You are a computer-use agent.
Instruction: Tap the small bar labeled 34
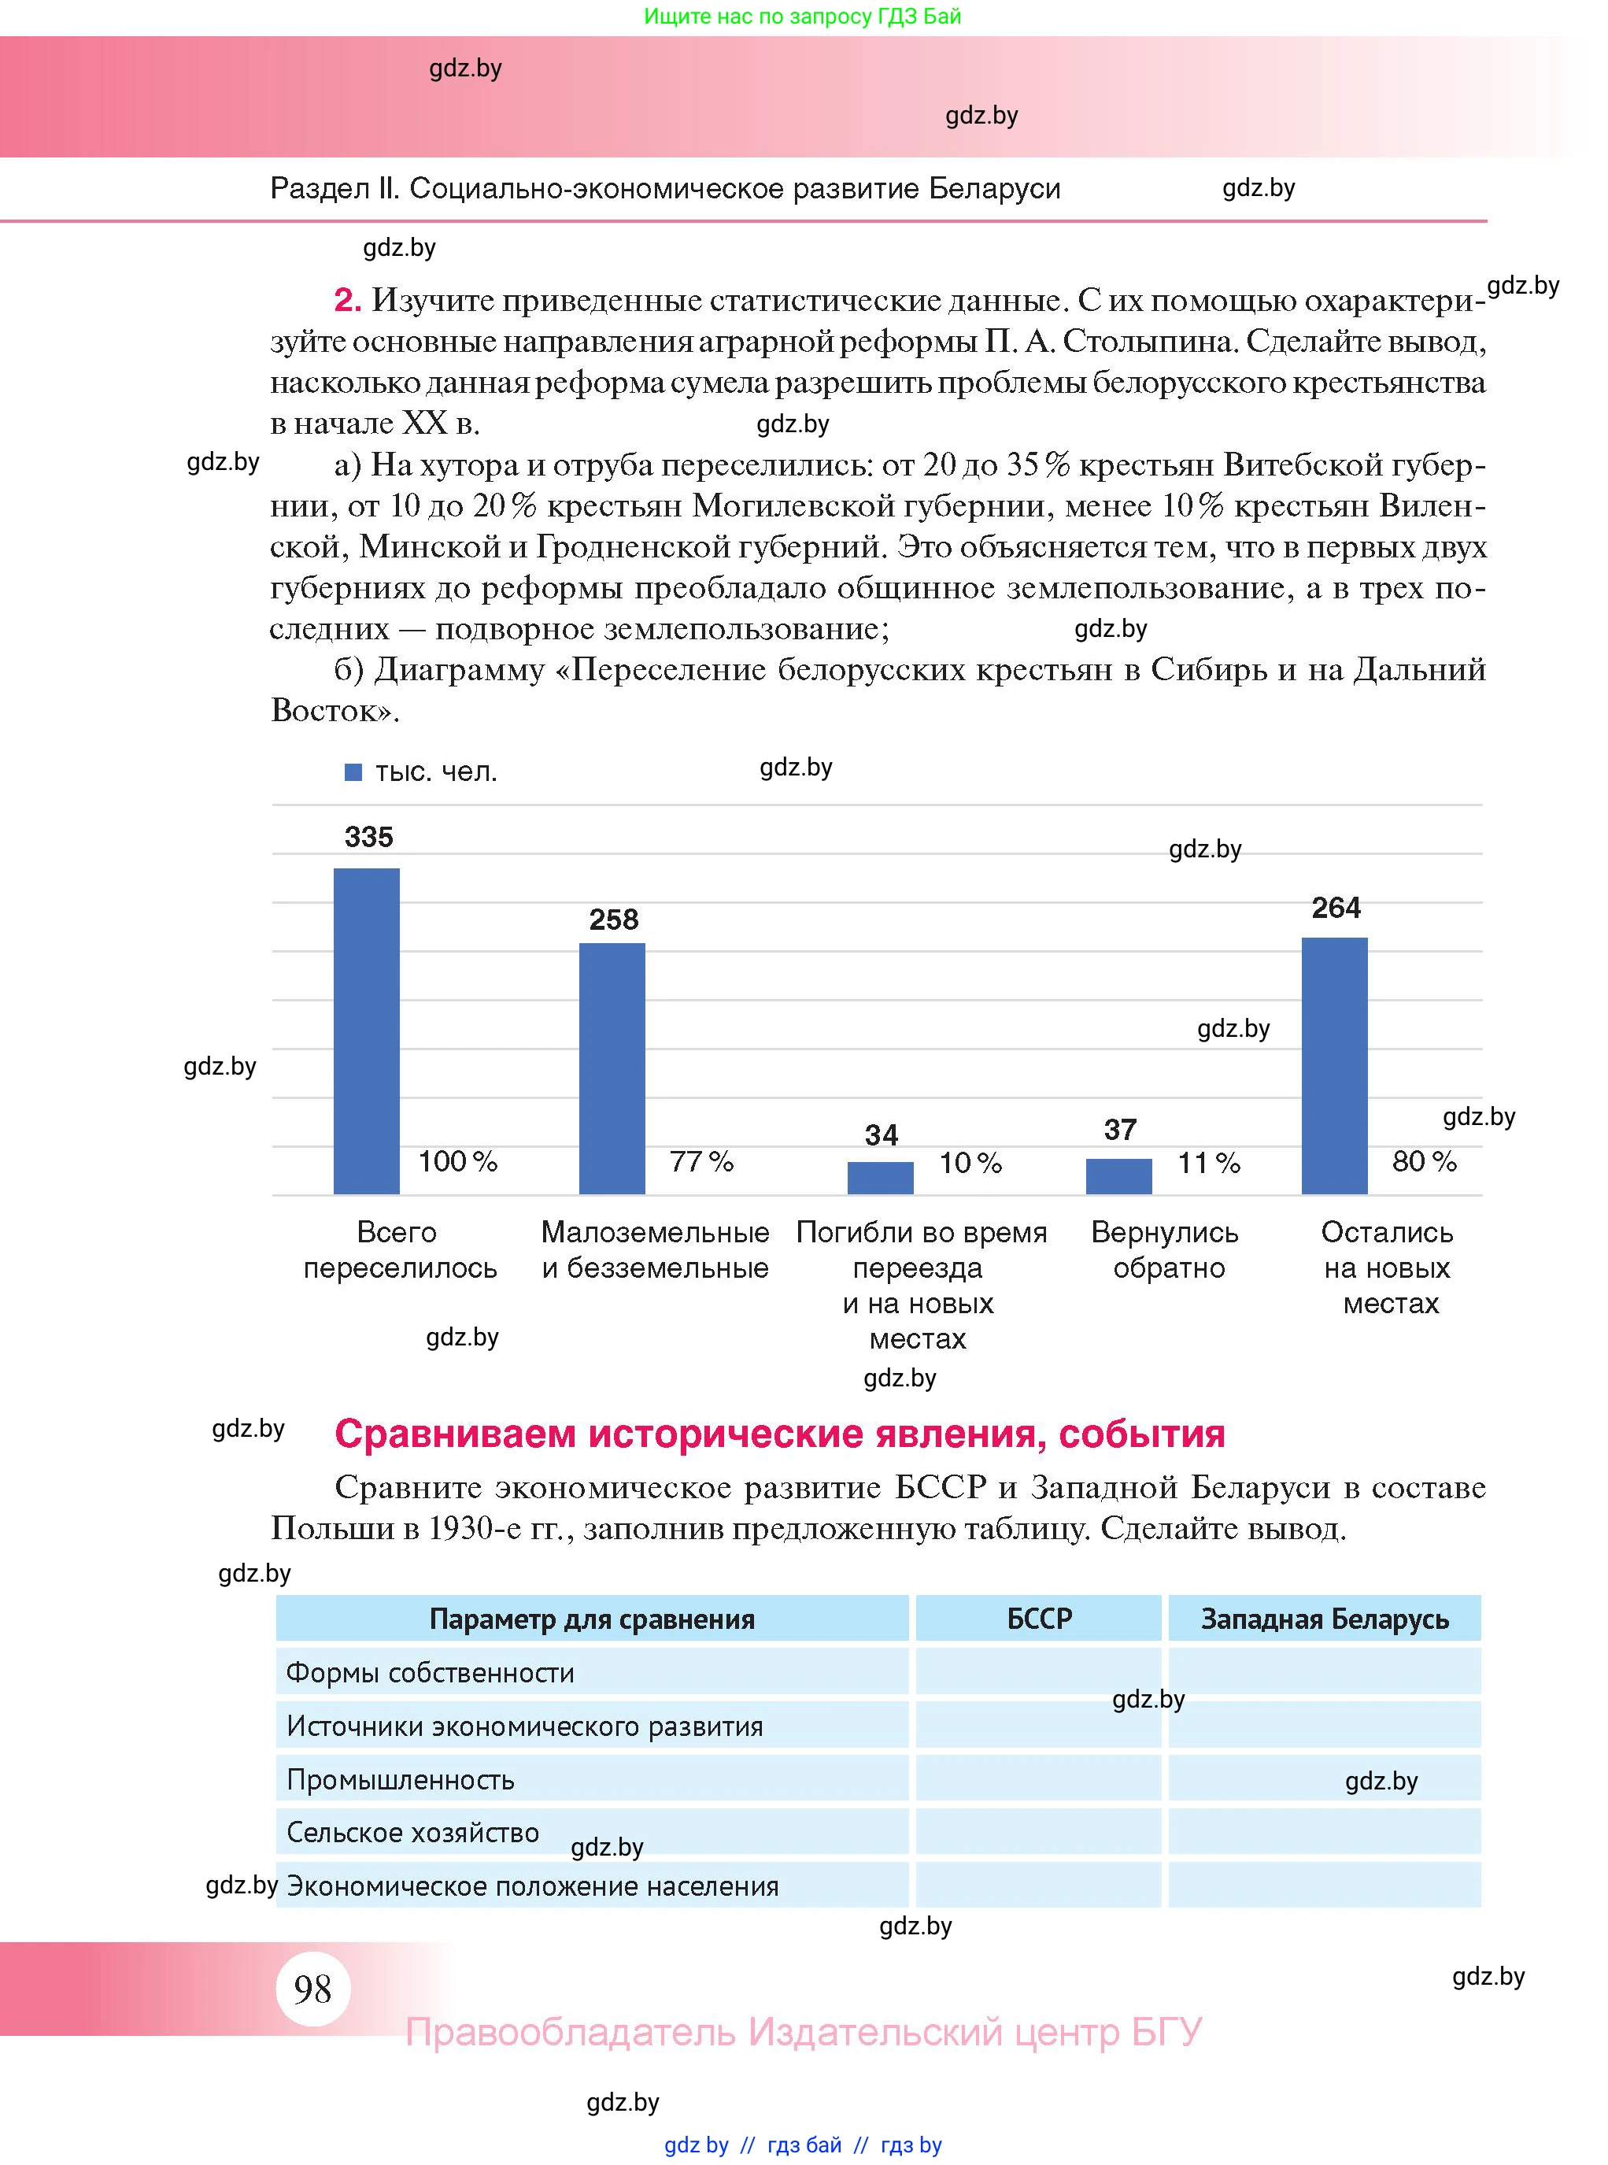[880, 1177]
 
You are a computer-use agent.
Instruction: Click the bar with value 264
[1333, 1065]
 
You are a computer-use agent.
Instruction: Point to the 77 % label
[700, 1161]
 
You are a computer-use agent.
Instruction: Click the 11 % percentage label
[1208, 1162]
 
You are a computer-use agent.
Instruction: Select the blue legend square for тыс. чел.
[353, 772]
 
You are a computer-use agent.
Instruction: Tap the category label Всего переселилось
[399, 1250]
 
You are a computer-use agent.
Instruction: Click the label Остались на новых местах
[1388, 1268]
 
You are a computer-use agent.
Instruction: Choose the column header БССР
[1039, 1619]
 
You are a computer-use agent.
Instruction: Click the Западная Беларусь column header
[1324, 1619]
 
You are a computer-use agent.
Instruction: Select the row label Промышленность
[400, 1779]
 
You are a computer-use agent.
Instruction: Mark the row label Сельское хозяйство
[412, 1832]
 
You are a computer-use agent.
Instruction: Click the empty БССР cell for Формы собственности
[1039, 1672]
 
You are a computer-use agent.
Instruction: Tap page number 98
[312, 1989]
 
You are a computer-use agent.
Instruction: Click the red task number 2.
[346, 300]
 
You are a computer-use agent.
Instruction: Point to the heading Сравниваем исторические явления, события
[778, 1434]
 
